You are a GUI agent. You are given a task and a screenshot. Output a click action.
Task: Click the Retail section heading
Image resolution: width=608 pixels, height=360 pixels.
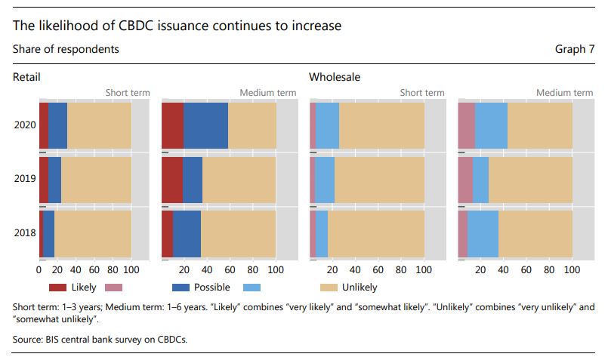(26, 77)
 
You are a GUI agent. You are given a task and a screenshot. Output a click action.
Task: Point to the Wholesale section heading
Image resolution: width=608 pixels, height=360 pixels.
(335, 77)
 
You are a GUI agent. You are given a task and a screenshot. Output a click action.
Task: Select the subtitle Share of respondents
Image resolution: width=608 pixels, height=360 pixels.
(66, 49)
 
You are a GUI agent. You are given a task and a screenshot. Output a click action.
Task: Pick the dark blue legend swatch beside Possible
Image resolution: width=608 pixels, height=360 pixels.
(181, 288)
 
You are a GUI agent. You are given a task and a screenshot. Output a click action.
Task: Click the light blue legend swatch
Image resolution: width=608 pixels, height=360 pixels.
(253, 288)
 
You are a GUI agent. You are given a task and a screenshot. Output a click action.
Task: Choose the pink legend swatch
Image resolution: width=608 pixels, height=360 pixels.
(113, 288)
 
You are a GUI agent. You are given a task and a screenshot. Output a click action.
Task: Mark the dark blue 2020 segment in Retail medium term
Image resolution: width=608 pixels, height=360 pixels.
(205, 125)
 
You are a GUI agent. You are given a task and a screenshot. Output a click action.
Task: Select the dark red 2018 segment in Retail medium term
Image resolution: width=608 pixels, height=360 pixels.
(168, 233)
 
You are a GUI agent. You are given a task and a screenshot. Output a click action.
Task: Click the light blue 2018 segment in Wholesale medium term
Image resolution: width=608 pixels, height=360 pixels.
(483, 233)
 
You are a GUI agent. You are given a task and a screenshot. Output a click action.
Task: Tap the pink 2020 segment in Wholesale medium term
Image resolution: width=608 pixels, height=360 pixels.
(466, 125)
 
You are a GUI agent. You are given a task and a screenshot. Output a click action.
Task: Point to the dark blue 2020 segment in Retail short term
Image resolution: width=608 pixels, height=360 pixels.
(57, 125)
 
